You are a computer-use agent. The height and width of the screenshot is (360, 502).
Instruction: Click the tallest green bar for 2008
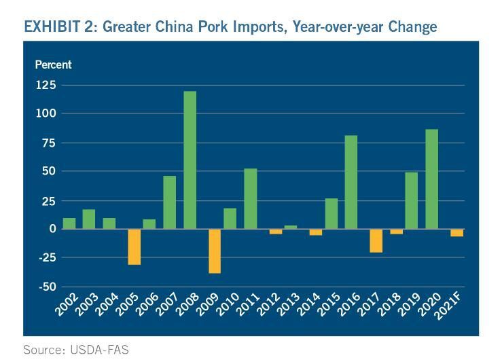pyautogui.click(x=190, y=160)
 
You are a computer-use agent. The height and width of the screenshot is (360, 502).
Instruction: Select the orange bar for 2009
pyautogui.click(x=215, y=251)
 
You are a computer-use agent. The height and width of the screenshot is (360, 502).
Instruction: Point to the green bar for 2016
pyautogui.click(x=351, y=182)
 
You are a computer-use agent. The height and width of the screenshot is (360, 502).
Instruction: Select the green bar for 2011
pyautogui.click(x=250, y=199)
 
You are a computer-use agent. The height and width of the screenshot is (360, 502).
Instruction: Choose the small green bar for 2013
pyautogui.click(x=290, y=227)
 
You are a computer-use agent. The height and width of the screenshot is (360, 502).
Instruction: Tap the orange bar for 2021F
pyautogui.click(x=456, y=232)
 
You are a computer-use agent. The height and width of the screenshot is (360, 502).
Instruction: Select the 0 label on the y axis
pyautogui.click(x=52, y=229)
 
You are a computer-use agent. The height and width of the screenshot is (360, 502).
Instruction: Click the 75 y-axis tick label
pyautogui.click(x=49, y=143)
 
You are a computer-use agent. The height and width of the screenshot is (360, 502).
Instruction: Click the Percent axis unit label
pyautogui.click(x=53, y=65)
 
